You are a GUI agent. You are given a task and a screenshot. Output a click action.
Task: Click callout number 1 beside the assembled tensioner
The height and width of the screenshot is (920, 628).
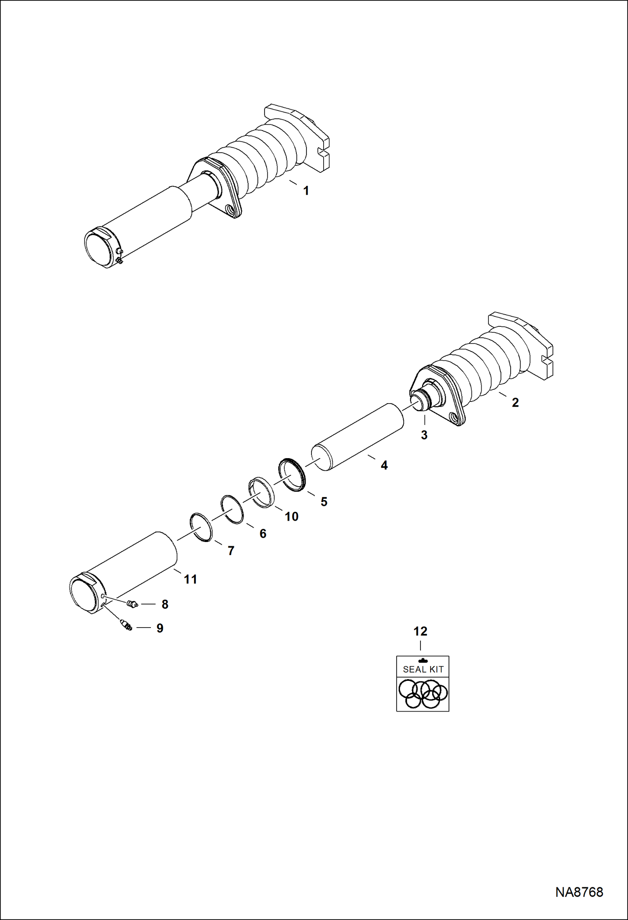(x=306, y=191)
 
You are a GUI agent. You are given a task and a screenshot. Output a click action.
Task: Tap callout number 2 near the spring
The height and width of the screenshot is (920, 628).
(x=515, y=402)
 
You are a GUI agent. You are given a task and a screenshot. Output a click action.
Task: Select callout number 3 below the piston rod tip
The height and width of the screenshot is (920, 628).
(x=424, y=435)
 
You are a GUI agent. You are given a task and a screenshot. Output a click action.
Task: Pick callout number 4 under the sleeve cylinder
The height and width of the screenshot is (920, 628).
(x=384, y=465)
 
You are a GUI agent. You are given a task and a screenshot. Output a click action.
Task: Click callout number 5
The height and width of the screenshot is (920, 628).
(x=324, y=502)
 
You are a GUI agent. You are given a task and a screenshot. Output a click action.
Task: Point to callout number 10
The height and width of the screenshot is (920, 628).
(x=292, y=516)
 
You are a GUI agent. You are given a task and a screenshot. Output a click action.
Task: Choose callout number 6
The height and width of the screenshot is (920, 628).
(x=263, y=534)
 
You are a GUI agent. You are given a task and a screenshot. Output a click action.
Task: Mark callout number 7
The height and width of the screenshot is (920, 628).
(x=231, y=551)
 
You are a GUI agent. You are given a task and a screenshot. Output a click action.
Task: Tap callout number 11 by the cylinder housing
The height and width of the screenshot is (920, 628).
(x=191, y=579)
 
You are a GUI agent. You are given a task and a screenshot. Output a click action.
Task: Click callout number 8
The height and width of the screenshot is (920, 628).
(x=165, y=605)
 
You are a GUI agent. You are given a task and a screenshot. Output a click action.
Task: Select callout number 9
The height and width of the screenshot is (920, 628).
(x=160, y=628)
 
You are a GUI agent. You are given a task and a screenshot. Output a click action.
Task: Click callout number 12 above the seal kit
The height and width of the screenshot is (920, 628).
(x=420, y=631)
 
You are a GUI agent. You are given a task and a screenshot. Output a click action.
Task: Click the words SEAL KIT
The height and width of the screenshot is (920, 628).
(x=423, y=670)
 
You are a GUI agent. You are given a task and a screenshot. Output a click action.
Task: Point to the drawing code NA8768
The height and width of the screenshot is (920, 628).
(x=579, y=892)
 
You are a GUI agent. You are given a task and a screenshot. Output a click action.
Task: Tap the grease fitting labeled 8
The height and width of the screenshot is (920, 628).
(x=132, y=604)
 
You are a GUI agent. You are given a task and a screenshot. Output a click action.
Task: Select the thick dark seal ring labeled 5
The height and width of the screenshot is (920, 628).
(x=293, y=475)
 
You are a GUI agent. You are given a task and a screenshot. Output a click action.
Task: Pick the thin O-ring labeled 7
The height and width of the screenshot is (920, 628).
(x=201, y=527)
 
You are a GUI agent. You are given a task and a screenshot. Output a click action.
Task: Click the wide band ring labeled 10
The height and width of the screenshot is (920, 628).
(x=262, y=492)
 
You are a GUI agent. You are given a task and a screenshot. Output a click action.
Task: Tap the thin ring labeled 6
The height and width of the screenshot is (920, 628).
(x=232, y=509)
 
